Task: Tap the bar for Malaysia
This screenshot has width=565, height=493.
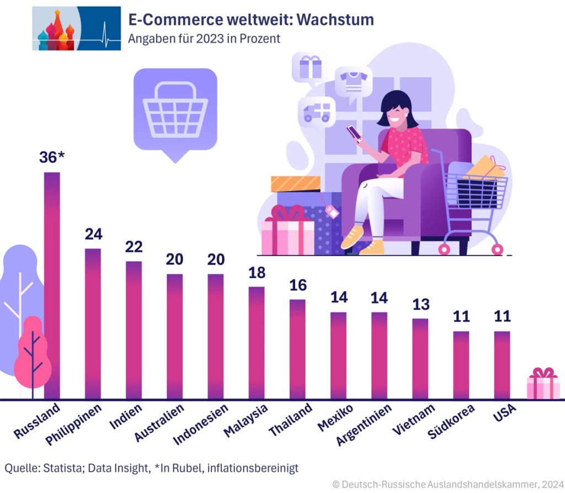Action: [x=257, y=342]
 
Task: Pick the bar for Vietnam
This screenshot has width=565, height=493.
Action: [x=420, y=358]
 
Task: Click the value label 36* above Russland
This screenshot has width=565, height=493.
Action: [x=52, y=157]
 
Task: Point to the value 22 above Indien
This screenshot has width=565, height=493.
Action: [x=134, y=246]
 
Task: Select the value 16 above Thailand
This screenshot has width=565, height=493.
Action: [x=297, y=285]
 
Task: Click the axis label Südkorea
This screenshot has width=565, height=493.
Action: [x=451, y=422]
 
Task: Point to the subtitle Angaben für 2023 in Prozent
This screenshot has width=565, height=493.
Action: [x=204, y=39]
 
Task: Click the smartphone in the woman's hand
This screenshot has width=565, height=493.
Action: [x=354, y=133]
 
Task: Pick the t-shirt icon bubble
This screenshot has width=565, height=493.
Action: [x=353, y=82]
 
